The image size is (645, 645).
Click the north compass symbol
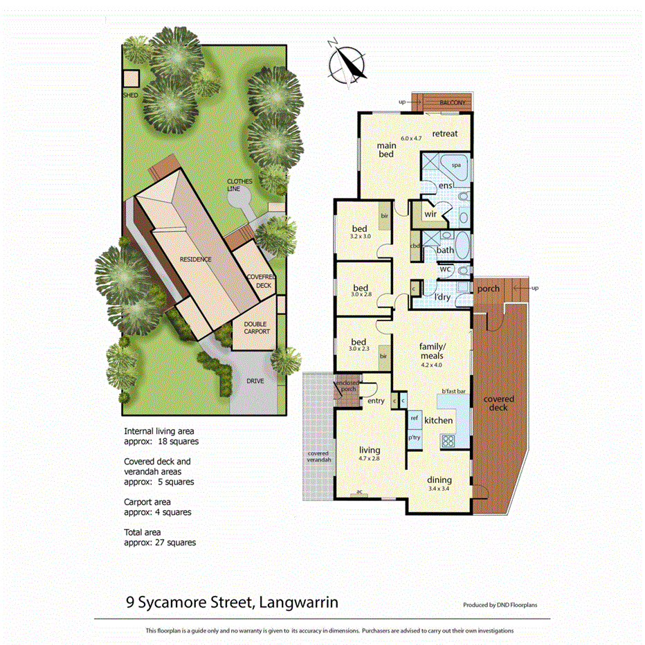point(348,63)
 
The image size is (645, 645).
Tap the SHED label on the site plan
point(130,95)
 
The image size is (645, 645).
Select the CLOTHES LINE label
point(240,185)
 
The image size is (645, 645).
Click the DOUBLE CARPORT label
point(254,327)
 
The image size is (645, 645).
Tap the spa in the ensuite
point(457,166)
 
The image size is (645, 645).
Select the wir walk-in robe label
point(430,215)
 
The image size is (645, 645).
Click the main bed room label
point(386,149)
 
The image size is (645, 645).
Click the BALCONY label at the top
point(453,102)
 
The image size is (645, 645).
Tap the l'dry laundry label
point(442,297)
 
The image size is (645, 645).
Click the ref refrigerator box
point(415,418)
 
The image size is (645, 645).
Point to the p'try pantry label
point(415,437)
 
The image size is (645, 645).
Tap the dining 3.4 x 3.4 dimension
point(439,490)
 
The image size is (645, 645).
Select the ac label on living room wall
point(359,491)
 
